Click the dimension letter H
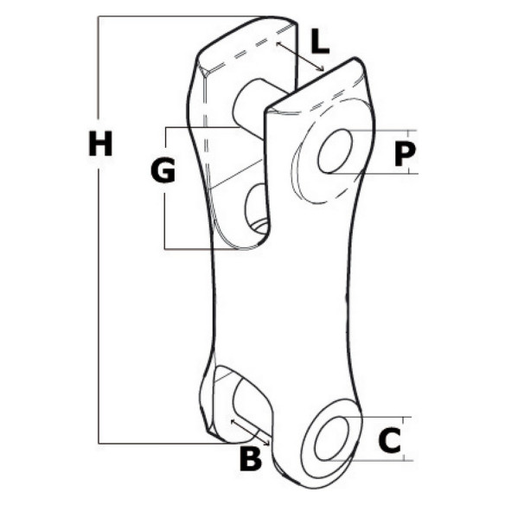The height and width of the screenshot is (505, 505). pos(100,144)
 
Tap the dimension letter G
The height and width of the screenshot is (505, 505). pos(163,170)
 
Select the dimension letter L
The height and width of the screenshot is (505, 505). pos(320,42)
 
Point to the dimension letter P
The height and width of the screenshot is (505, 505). pos(405,154)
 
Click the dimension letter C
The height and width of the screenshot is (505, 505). pos(390,440)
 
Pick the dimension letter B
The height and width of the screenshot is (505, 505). pos(251,459)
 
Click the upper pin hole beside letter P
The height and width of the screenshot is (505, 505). pos(335,151)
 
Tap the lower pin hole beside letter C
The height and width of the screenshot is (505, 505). pos(332,438)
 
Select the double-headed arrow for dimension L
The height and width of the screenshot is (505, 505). pos(300,56)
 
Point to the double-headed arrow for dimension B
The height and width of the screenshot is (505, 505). pos(250,432)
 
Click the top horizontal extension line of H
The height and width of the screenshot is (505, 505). pos(181,16)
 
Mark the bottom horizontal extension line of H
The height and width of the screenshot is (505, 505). pos(168,444)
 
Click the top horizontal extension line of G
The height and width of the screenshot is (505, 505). pos(202,127)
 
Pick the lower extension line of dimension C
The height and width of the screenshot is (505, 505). pos(370,461)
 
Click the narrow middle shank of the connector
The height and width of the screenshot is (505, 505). pos(280,297)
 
